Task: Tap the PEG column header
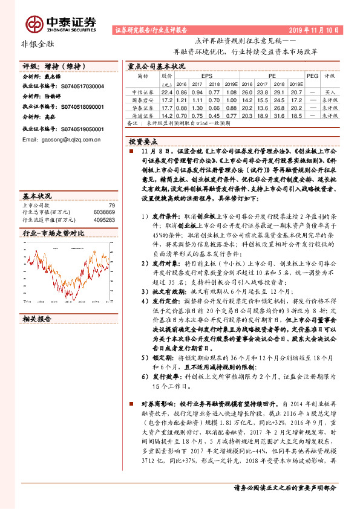(312, 77)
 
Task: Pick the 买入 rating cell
(330, 91)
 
